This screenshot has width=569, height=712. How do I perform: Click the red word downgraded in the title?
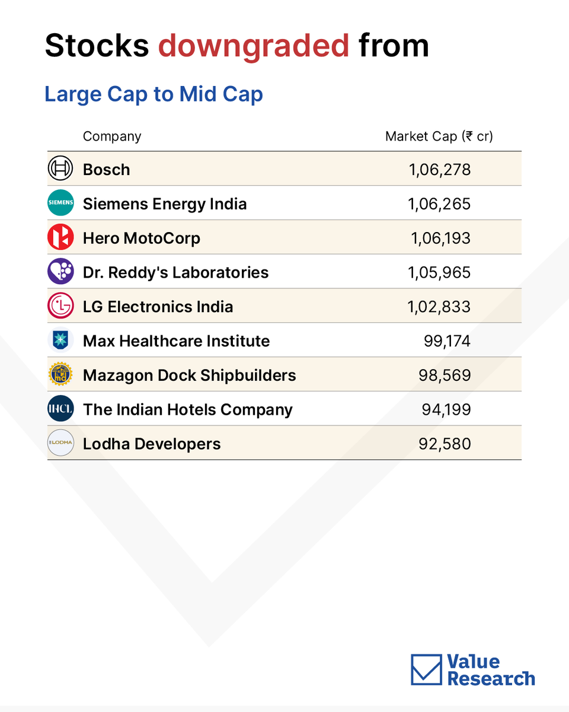254,46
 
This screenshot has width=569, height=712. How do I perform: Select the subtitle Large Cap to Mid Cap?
154,94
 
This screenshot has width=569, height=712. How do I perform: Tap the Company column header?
112,136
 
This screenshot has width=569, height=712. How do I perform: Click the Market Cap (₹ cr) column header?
439,136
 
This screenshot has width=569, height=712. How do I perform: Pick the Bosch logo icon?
60,168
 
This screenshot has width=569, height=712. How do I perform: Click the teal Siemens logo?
60,202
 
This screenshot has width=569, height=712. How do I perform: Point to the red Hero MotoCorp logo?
60,237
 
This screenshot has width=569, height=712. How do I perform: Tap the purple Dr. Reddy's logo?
60,271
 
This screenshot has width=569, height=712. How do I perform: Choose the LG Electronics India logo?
60,306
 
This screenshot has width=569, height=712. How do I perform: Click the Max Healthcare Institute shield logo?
60,340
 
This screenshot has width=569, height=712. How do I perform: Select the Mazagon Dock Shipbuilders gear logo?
60,374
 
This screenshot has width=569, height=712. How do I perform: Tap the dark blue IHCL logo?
60,408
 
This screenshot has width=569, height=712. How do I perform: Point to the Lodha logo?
60,443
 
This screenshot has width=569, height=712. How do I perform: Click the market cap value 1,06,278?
440,170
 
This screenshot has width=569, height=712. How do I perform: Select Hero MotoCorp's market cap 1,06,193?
440,238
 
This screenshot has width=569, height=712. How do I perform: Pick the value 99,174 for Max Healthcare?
447,341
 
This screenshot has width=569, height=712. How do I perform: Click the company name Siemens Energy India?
165,204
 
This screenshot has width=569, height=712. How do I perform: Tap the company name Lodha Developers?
152,444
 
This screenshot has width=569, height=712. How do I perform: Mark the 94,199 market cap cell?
446,409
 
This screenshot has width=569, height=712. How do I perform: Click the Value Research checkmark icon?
426,669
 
